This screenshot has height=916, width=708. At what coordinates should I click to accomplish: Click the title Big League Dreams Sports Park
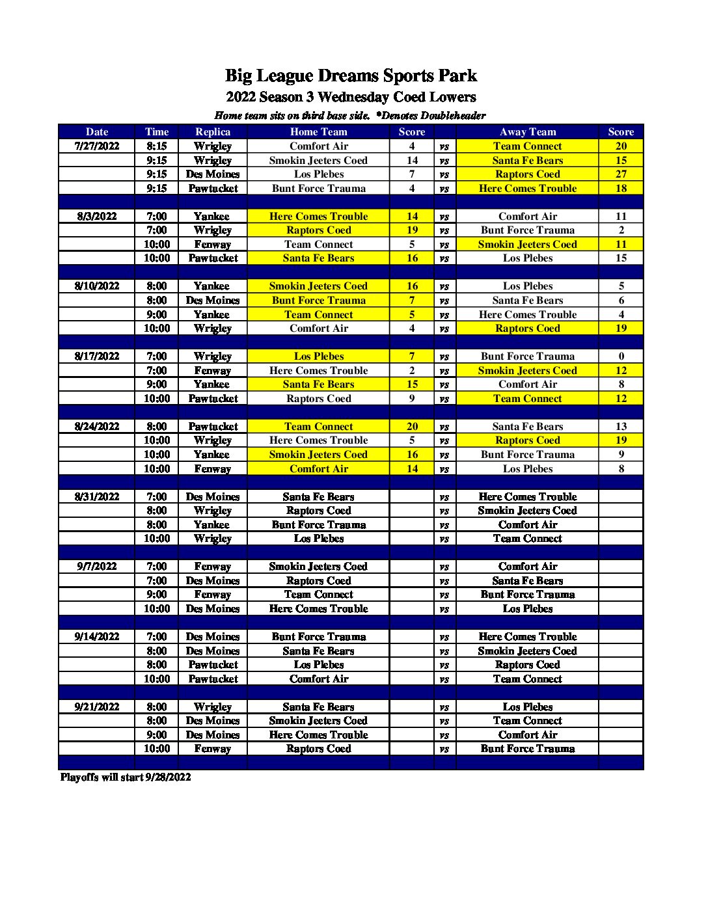coord(351,76)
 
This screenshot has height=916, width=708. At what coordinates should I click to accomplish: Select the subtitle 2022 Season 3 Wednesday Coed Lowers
coord(351,98)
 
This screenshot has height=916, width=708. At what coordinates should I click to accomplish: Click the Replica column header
coord(213,132)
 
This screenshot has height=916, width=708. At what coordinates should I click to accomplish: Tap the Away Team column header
coord(527,132)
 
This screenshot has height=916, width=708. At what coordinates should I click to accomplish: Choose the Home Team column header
coord(318,132)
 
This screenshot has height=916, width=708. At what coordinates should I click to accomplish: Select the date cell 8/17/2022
coord(97,357)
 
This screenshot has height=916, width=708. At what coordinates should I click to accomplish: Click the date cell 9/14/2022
coord(97,637)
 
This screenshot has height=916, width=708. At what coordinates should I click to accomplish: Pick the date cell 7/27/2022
coord(97,146)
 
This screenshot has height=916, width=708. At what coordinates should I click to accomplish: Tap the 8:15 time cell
coord(156,146)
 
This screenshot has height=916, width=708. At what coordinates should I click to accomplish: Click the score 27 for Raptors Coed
coord(621,174)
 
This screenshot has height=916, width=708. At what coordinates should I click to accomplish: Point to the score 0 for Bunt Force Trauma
coord(621,357)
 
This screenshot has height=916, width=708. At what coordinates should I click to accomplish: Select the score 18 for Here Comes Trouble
coord(621,189)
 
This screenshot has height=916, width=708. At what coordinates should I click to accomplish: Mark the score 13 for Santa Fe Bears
coord(621,427)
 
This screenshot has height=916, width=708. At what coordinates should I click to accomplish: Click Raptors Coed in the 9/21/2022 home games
coord(318,749)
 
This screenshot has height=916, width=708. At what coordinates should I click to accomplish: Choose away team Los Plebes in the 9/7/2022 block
coord(527,609)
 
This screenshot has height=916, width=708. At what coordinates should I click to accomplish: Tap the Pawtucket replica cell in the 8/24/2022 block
coord(213,427)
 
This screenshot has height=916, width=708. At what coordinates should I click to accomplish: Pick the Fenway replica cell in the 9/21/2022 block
coord(213,749)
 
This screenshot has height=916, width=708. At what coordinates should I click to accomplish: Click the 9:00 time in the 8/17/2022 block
coord(156,384)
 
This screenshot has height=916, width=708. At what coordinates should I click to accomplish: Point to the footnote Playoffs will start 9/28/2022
coord(126,777)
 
